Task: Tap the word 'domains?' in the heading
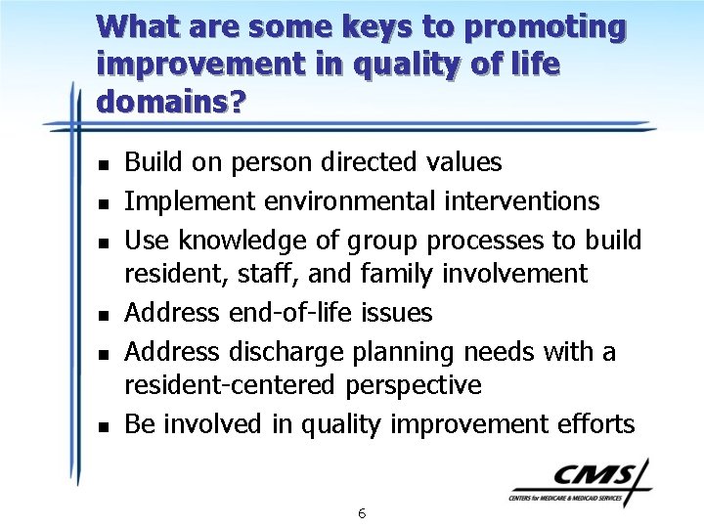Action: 171,100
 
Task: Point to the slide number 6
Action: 362,513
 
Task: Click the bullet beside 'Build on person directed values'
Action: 103,163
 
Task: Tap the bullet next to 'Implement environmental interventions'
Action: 103,202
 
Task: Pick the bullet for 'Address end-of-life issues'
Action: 103,314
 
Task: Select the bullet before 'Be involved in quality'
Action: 103,425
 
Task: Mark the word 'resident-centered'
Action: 231,386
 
